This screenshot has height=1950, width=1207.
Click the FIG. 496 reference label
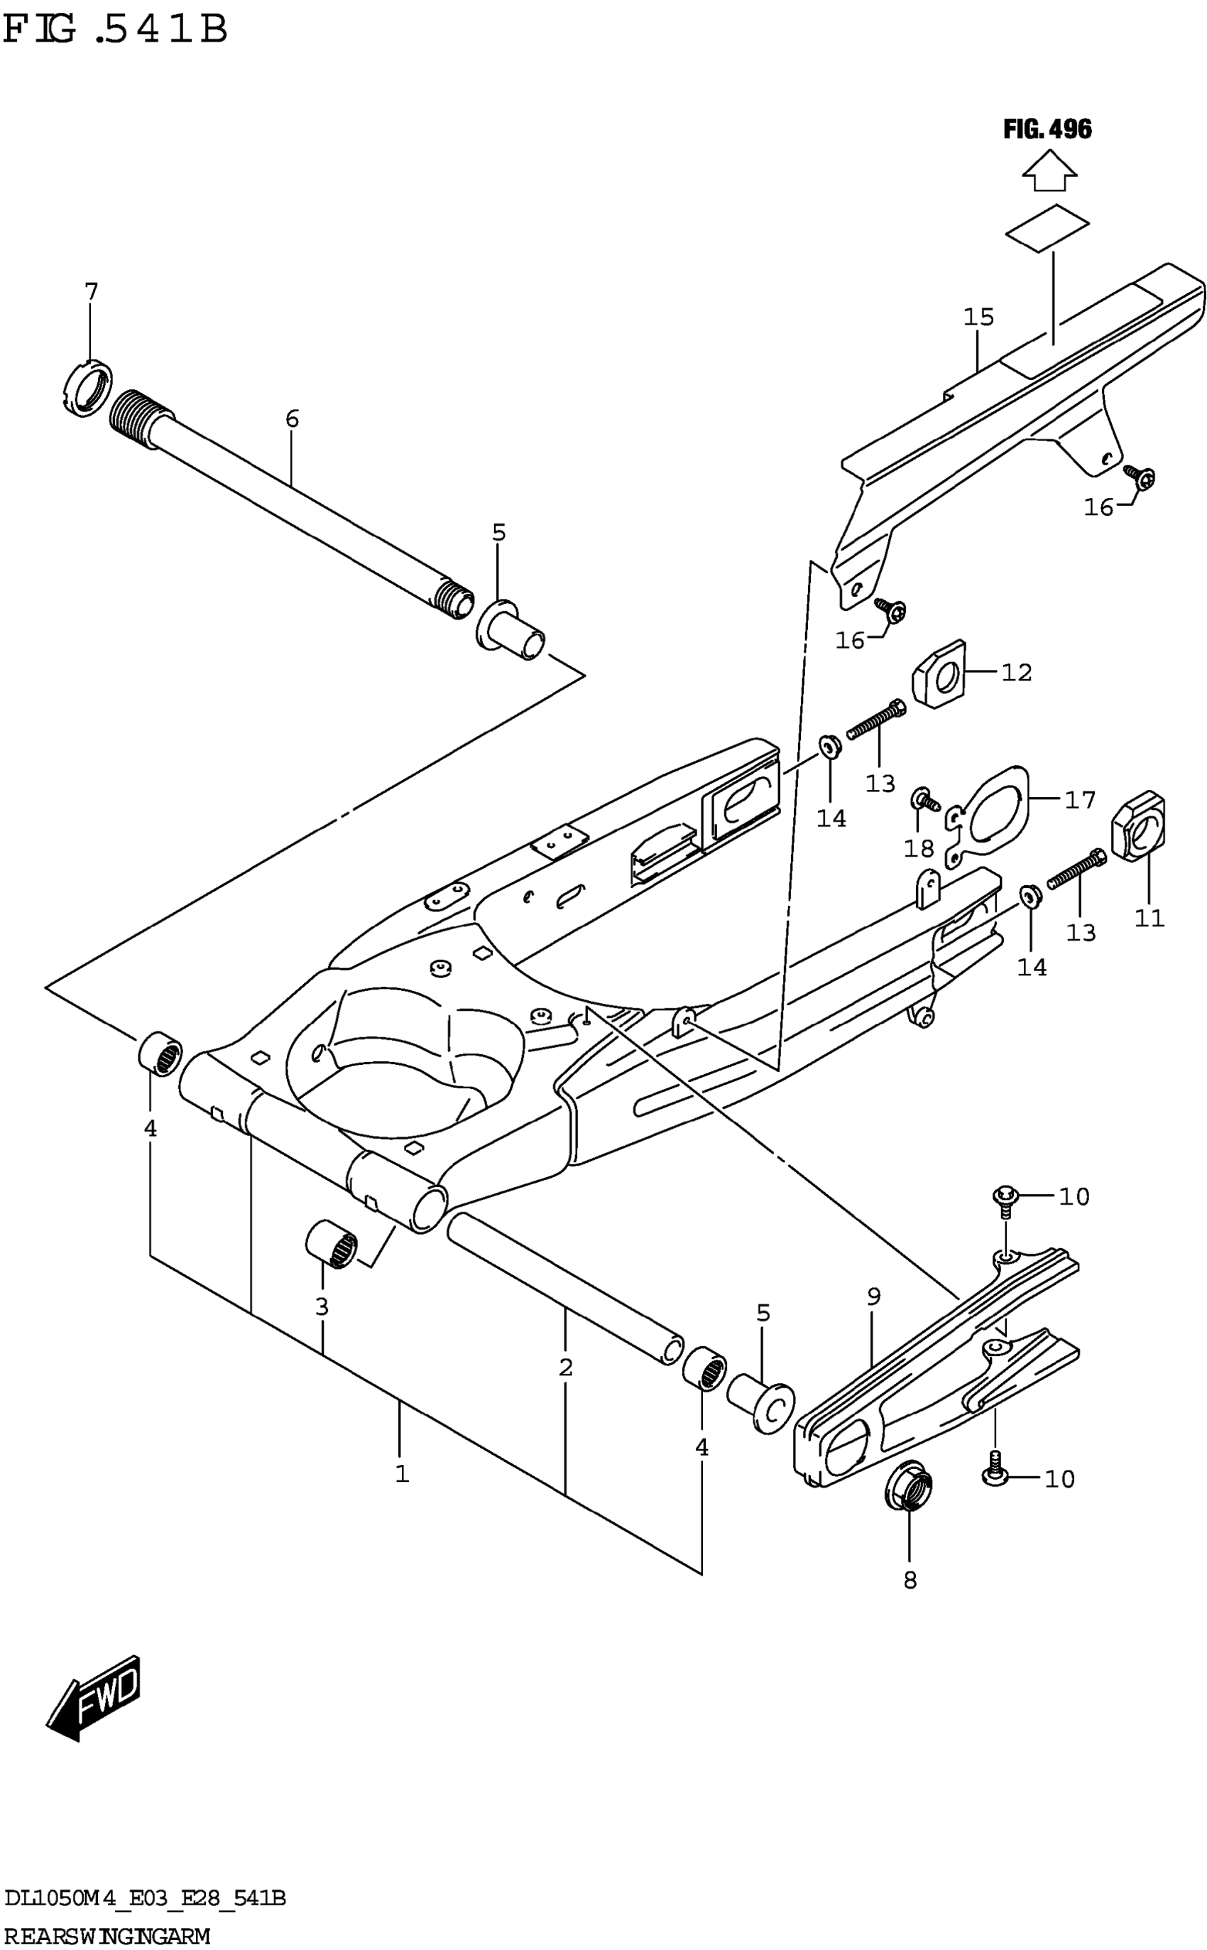coord(1047,129)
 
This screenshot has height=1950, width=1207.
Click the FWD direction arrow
coord(94,1698)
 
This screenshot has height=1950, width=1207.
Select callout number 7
coord(91,292)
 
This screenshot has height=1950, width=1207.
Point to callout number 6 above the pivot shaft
coord(293,418)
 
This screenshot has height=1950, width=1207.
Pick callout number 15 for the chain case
coord(978,317)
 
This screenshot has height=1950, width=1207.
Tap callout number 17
coord(1080,799)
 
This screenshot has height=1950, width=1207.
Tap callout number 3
coord(322,1307)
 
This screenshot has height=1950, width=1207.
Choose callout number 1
coord(403,1474)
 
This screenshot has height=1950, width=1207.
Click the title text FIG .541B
coord(116,30)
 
